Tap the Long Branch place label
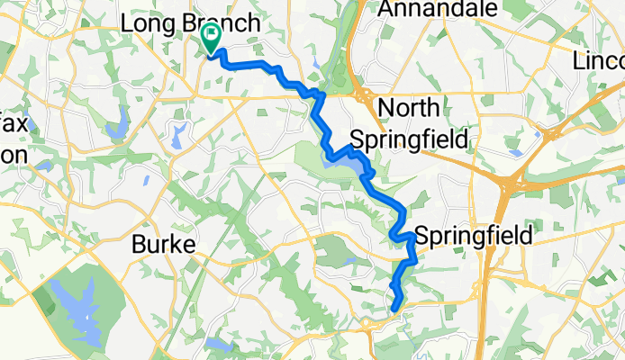190,23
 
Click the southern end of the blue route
395,311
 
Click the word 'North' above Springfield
409,109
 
